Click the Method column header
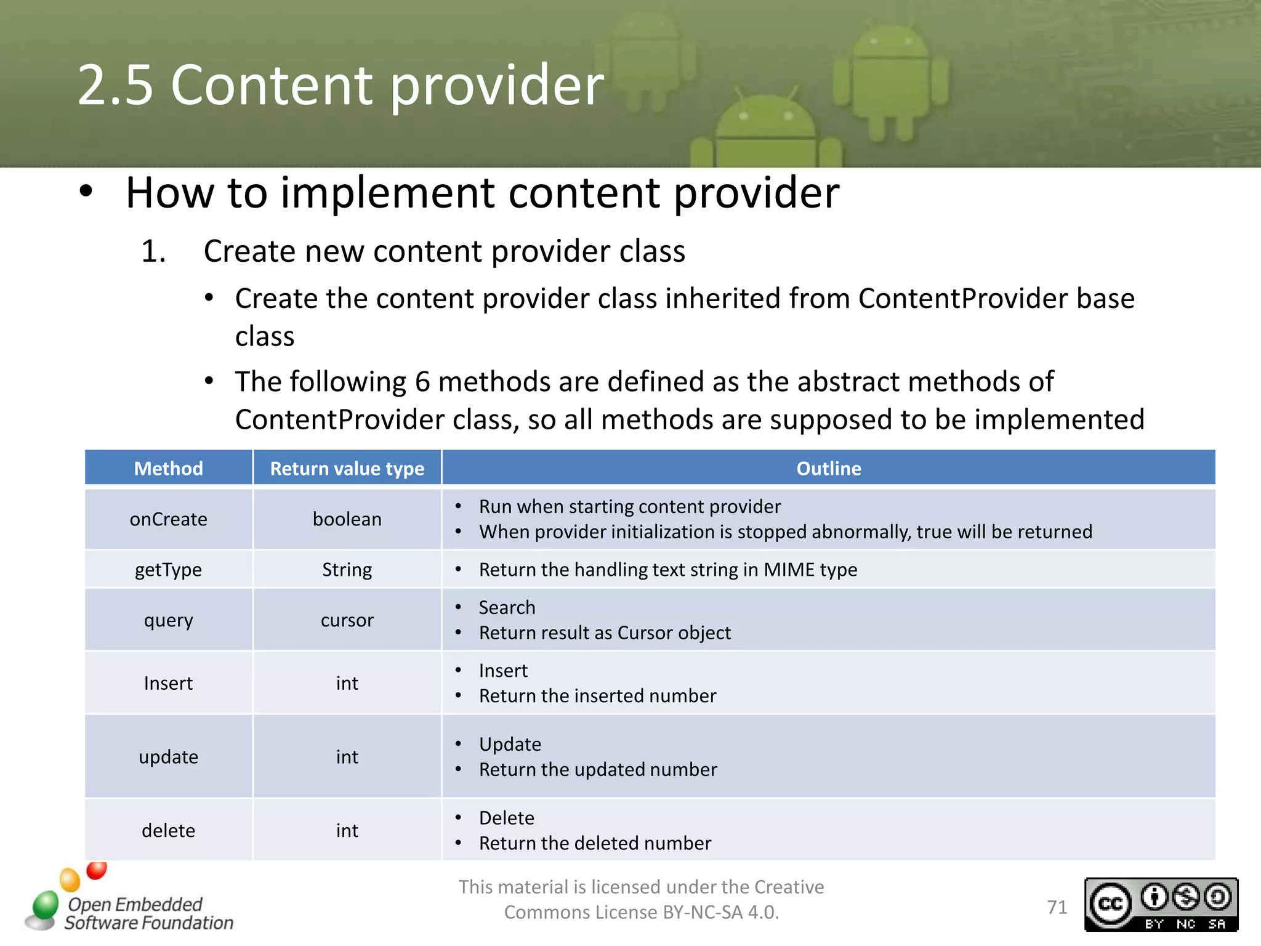pyautogui.click(x=168, y=469)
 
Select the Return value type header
pyautogui.click(x=347, y=469)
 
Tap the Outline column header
pyautogui.click(x=828, y=469)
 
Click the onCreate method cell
pyautogui.click(x=168, y=519)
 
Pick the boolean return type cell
pyautogui.click(x=347, y=519)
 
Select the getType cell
pyautogui.click(x=168, y=570)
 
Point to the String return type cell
pyautogui.click(x=347, y=570)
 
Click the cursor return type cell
pyautogui.click(x=347, y=620)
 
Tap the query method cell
pyautogui.click(x=168, y=620)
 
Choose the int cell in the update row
pyautogui.click(x=347, y=757)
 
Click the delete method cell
pyautogui.click(x=168, y=831)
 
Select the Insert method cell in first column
pyautogui.click(x=168, y=683)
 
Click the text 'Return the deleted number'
pyautogui.click(x=595, y=843)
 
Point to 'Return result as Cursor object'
pyautogui.click(x=605, y=633)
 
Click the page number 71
pyautogui.click(x=1057, y=907)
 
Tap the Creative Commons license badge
pyautogui.click(x=1161, y=904)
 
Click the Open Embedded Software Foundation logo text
pyautogui.click(x=148, y=913)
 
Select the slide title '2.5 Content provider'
pyautogui.click(x=340, y=85)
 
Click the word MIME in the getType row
pyautogui.click(x=789, y=570)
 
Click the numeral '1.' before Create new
pyautogui.click(x=153, y=251)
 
